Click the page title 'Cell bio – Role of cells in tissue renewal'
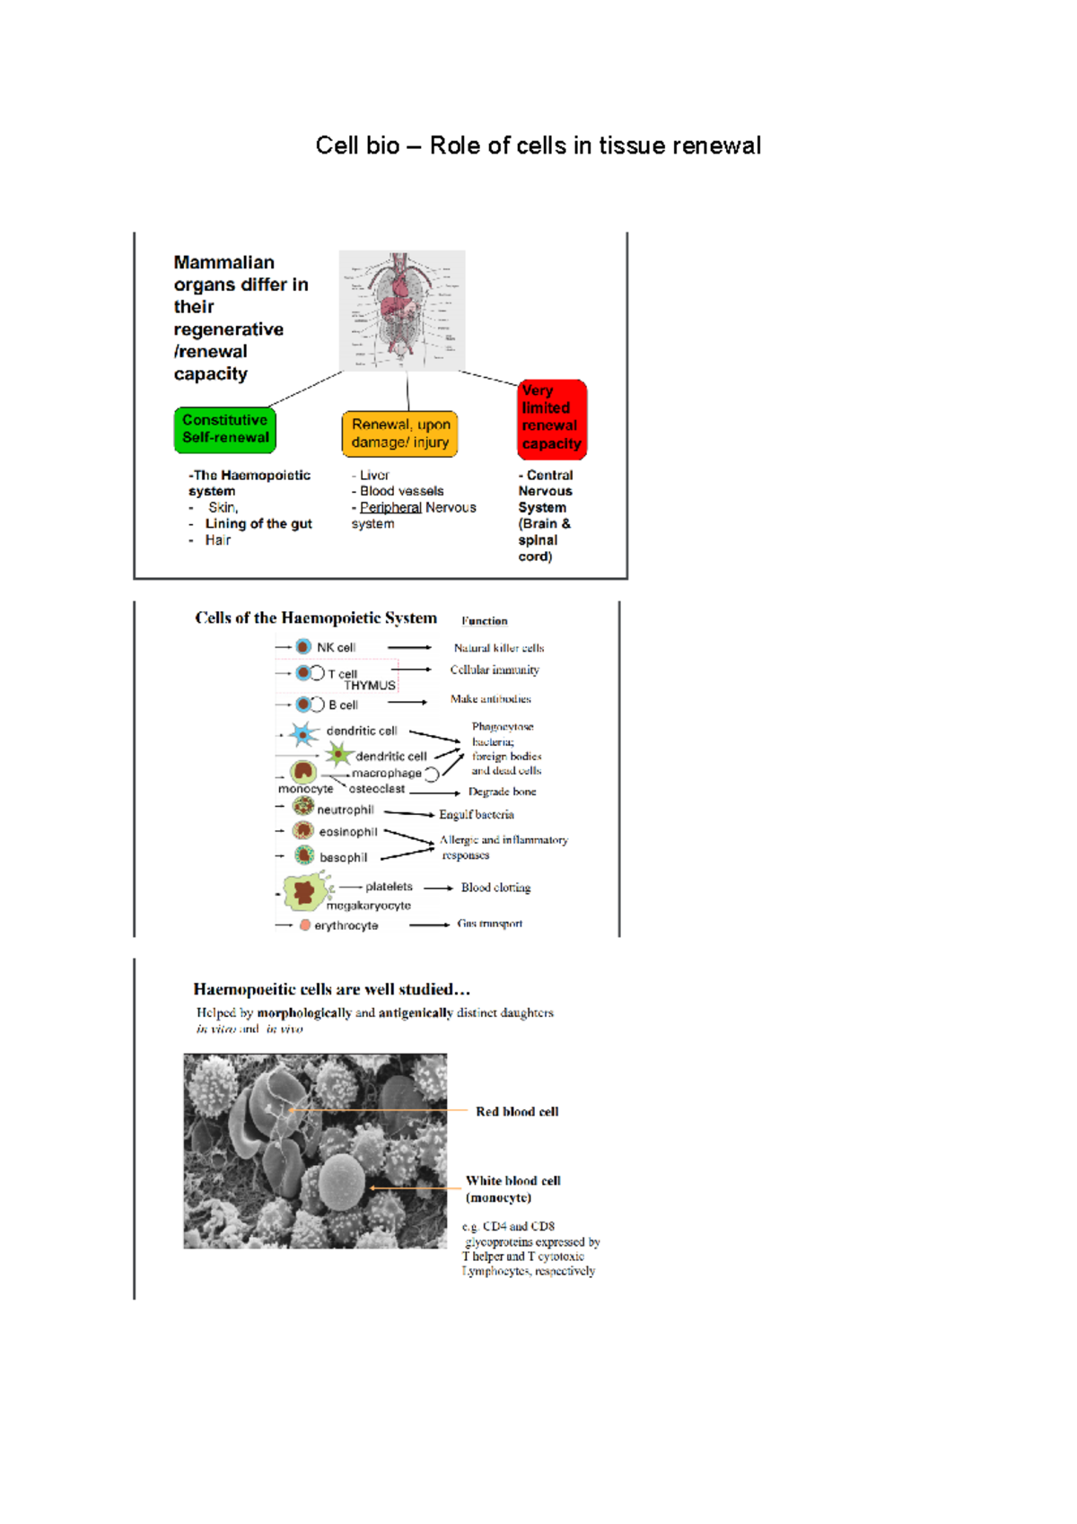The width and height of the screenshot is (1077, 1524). pyautogui.click(x=538, y=145)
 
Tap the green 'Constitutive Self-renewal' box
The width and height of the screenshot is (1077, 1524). pyautogui.click(x=225, y=429)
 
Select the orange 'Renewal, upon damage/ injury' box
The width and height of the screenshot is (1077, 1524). pyautogui.click(x=400, y=434)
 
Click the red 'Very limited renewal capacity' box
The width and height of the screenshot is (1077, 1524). pyautogui.click(x=552, y=418)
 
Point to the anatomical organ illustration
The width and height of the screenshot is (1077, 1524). pyautogui.click(x=402, y=310)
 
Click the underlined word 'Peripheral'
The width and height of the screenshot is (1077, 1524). pyautogui.click(x=390, y=507)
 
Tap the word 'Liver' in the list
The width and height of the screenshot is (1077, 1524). pyautogui.click(x=374, y=475)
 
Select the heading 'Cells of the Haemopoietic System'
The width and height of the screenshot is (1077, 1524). pyautogui.click(x=316, y=617)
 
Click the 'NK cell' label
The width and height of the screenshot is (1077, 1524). pyautogui.click(x=336, y=647)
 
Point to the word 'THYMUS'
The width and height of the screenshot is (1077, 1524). pyautogui.click(x=370, y=685)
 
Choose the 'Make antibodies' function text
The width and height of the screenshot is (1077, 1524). pyautogui.click(x=490, y=698)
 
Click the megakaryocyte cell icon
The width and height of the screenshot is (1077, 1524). pyautogui.click(x=305, y=891)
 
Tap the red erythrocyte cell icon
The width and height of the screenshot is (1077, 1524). pyautogui.click(x=305, y=924)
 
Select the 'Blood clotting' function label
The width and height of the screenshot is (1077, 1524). pyautogui.click(x=495, y=887)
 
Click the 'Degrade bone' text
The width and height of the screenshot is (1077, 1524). pyautogui.click(x=502, y=792)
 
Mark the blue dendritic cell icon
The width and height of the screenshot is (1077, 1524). pyautogui.click(x=303, y=734)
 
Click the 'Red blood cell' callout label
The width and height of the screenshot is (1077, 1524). pyautogui.click(x=517, y=1111)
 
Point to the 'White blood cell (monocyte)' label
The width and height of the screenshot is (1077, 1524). pyautogui.click(x=512, y=1189)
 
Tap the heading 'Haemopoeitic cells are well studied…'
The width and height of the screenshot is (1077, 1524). pyautogui.click(x=332, y=989)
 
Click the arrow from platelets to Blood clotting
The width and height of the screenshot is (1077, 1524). pyautogui.click(x=438, y=888)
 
